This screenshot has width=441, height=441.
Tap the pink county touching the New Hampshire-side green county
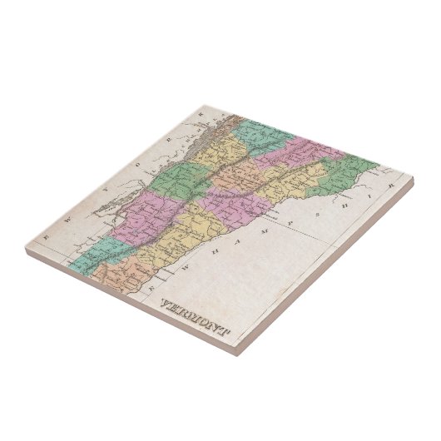pyautogui.click(x=287, y=152)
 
